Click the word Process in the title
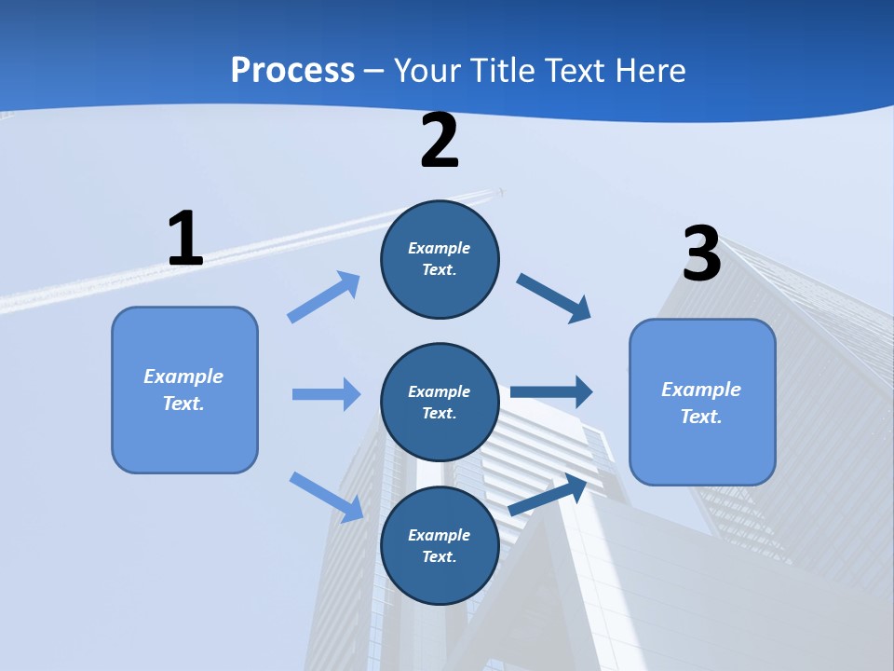pyautogui.click(x=292, y=70)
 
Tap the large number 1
pyautogui.click(x=185, y=239)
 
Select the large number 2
pyautogui.click(x=440, y=141)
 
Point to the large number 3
pyautogui.click(x=701, y=253)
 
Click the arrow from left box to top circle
pyautogui.click(x=323, y=297)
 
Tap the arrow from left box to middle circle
pyautogui.click(x=326, y=394)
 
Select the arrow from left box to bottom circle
pyautogui.click(x=326, y=496)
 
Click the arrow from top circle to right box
pyautogui.click(x=553, y=298)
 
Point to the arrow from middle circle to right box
pyautogui.click(x=551, y=391)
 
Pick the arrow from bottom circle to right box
pyautogui.click(x=548, y=496)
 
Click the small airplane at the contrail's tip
pyautogui.click(x=501, y=192)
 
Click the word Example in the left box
pyautogui.click(x=183, y=377)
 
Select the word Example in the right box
pyautogui.click(x=701, y=390)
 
